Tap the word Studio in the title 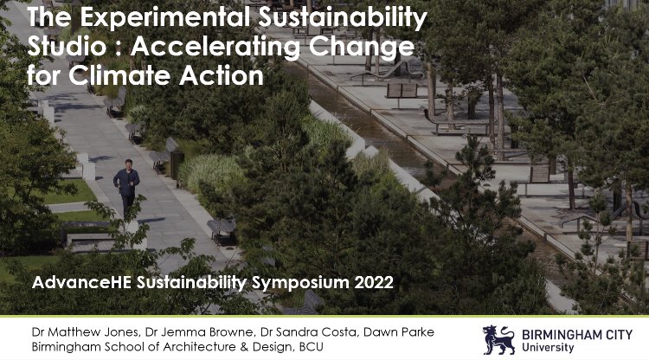pyautogui.click(x=64, y=45)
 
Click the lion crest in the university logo pyautogui.click(x=500, y=338)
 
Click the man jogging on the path pyautogui.click(x=127, y=187)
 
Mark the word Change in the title pyautogui.click(x=365, y=45)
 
